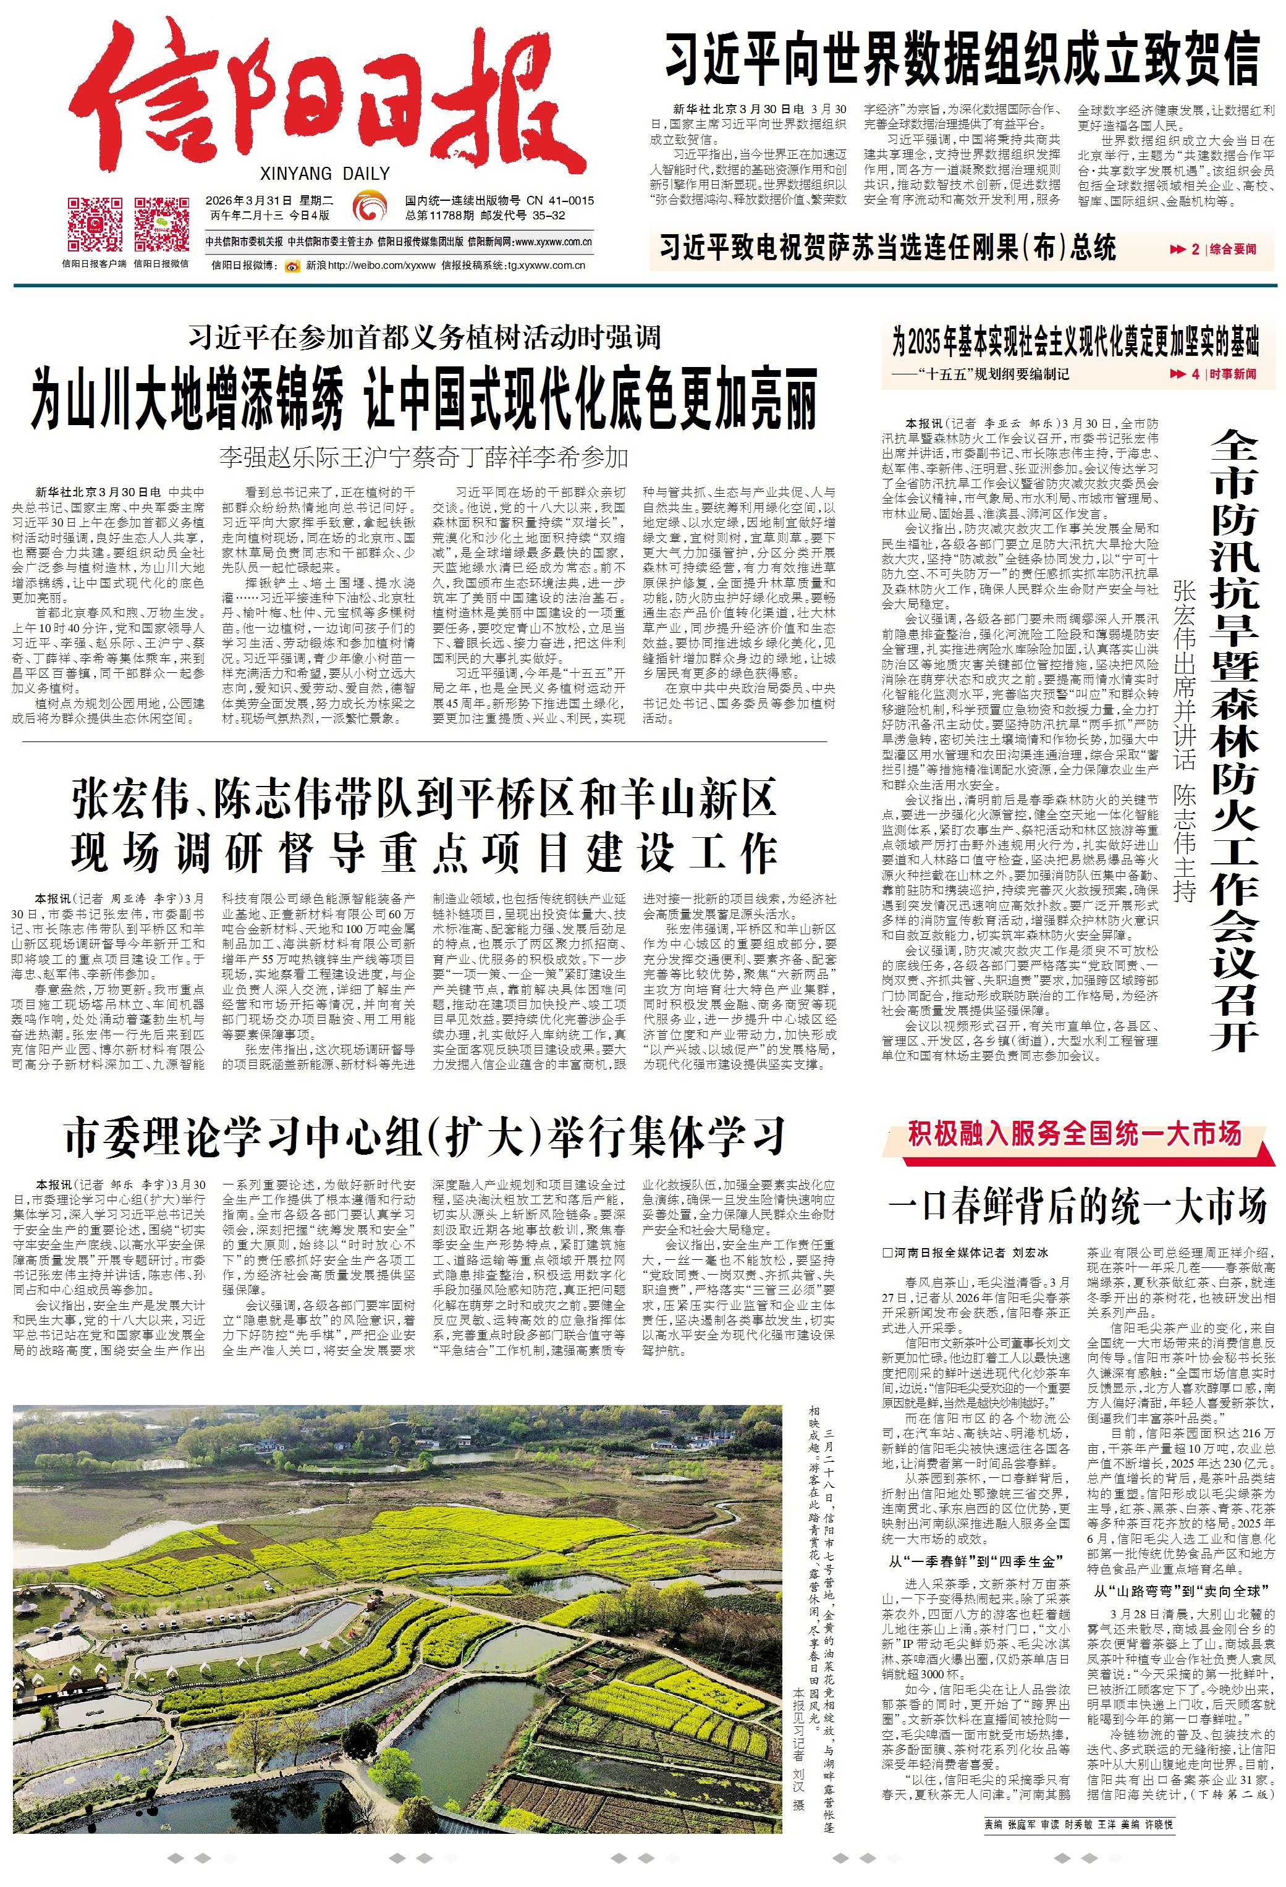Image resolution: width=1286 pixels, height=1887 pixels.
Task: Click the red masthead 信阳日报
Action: point(325,98)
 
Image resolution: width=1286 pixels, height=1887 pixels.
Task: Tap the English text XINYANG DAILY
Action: point(326,173)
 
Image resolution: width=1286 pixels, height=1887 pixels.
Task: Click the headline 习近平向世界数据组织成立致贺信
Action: point(962,59)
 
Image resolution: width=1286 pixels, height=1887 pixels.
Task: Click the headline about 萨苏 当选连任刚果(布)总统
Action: point(887,247)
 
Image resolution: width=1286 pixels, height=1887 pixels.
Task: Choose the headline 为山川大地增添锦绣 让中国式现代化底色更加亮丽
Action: point(423,399)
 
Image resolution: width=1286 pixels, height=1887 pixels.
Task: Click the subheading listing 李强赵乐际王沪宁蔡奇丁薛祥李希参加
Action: point(423,457)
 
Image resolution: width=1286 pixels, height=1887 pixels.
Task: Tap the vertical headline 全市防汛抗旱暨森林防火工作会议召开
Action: point(1234,739)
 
